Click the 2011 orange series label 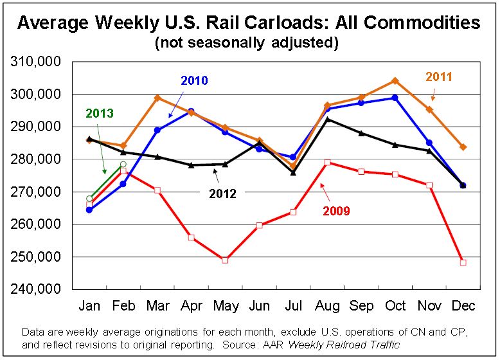439,77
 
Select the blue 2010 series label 194,81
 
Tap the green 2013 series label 99,114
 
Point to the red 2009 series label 337,210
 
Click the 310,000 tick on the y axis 37,62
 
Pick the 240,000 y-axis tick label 37,289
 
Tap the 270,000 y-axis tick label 37,192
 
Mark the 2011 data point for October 395,81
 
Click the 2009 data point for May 225,260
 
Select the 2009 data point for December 463,262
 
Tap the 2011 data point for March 157,98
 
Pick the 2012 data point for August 327,119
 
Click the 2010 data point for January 89,210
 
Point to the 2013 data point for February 123,165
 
